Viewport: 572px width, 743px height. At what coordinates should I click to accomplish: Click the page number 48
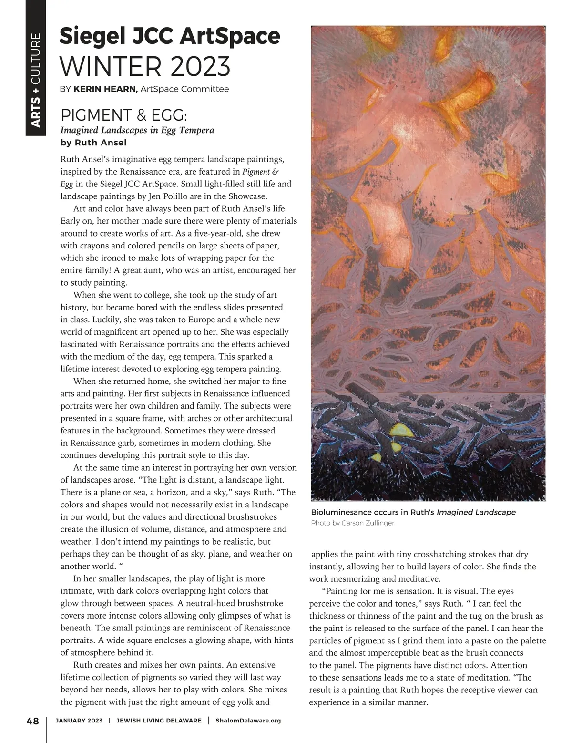32,721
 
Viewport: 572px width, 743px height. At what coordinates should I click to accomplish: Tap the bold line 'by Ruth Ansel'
93,142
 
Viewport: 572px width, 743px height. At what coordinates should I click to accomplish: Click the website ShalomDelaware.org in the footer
248,721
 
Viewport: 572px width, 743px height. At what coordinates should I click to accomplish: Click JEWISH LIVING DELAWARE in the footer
159,721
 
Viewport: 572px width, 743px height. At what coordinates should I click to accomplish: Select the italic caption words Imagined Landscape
476,512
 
